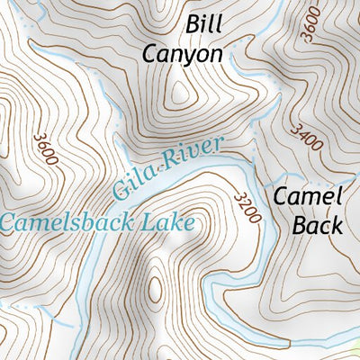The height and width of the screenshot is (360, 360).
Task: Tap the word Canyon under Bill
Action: (183, 53)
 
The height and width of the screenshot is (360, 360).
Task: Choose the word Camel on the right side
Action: (308, 196)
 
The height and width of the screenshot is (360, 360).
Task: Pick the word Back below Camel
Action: (317, 225)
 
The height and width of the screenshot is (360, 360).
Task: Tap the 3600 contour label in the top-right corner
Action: (310, 23)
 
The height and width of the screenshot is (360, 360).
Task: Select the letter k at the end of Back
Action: (336, 225)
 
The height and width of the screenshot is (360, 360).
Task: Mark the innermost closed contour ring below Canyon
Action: (183, 90)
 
